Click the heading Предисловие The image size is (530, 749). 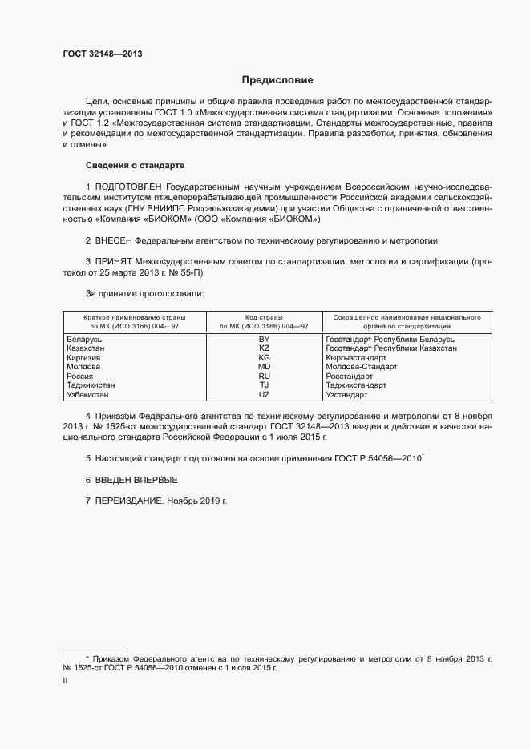tap(277, 80)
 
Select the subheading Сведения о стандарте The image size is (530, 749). tap(135, 165)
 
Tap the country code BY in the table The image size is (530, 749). tap(264, 340)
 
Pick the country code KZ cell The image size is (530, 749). tap(264, 348)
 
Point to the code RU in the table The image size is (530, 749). tap(264, 377)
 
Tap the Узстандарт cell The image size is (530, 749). tap(346, 395)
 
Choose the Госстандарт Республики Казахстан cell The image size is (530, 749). tap(391, 348)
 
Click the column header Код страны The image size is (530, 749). tap(264, 317)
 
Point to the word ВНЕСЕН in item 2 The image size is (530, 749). tap(114, 240)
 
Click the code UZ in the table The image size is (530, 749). tap(264, 395)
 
